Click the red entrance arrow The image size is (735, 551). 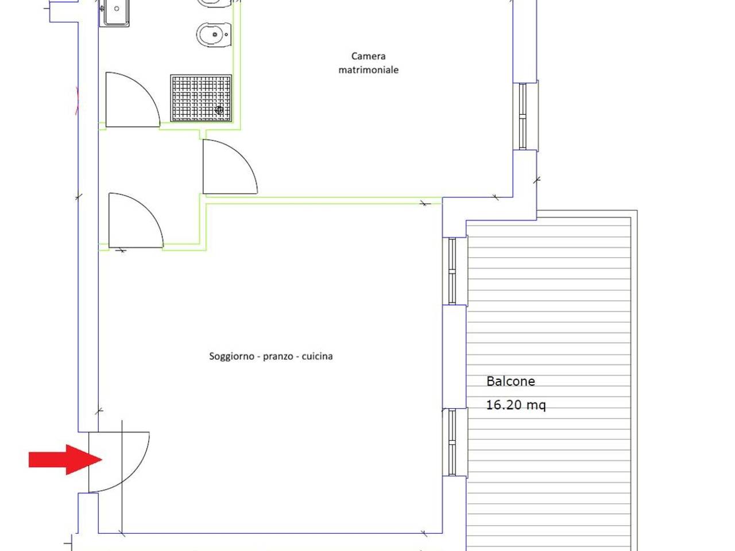(x=65, y=460)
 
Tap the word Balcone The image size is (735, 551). (x=510, y=381)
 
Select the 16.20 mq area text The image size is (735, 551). (x=516, y=405)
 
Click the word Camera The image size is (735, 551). (x=368, y=56)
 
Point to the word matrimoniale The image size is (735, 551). (x=368, y=69)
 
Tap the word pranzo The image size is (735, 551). (x=278, y=356)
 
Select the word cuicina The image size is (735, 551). (x=317, y=356)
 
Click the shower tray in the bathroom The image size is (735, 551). (x=201, y=98)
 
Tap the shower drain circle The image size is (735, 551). (x=219, y=110)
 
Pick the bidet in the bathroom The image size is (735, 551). (x=214, y=34)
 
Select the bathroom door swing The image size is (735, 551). (x=133, y=100)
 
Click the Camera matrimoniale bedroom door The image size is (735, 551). (x=230, y=166)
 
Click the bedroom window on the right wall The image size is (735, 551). (x=523, y=116)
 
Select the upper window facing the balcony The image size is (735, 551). (x=452, y=271)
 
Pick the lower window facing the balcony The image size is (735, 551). (x=452, y=443)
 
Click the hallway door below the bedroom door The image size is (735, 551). (x=136, y=220)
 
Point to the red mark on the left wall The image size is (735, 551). (x=78, y=100)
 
